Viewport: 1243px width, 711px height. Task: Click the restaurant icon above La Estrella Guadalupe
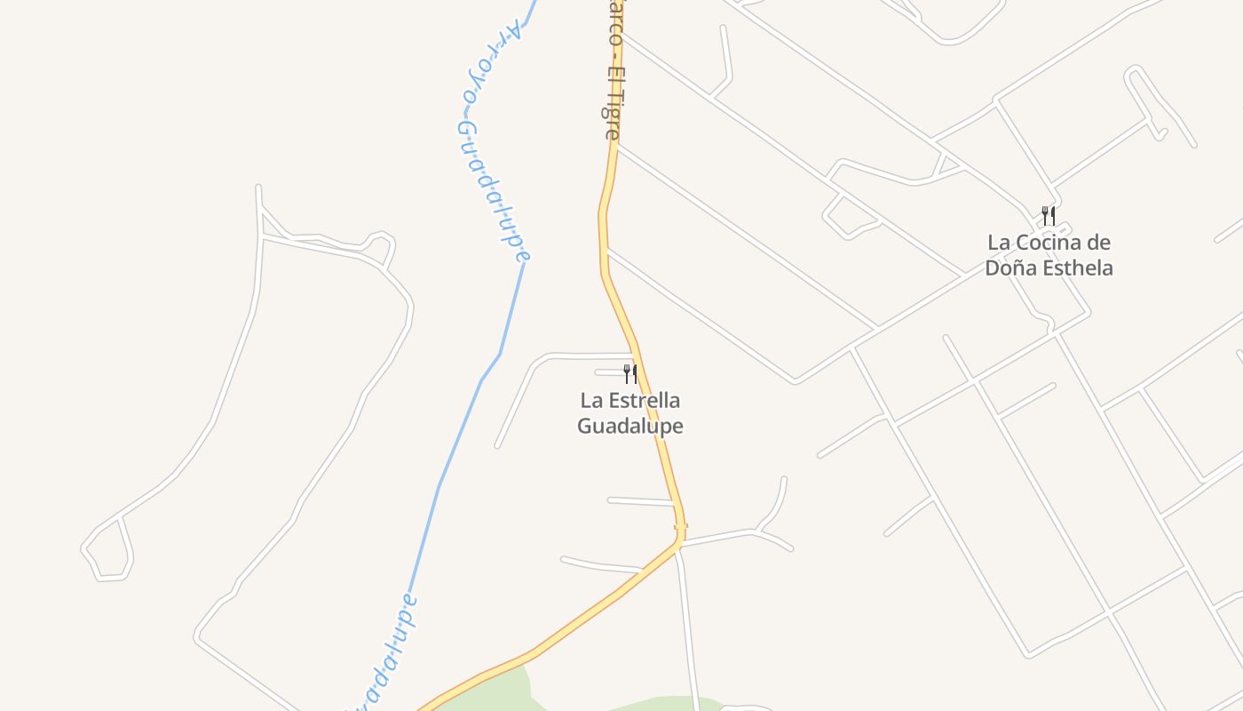pyautogui.click(x=629, y=373)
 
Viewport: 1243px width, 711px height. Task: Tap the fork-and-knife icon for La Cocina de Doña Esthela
pyautogui.click(x=1049, y=215)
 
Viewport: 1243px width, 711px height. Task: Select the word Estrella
pyautogui.click(x=643, y=401)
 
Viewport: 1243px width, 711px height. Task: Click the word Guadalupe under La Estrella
pyautogui.click(x=630, y=426)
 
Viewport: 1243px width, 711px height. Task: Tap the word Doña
pyautogui.click(x=1006, y=268)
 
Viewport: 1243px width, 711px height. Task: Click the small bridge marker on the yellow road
pyautogui.click(x=681, y=527)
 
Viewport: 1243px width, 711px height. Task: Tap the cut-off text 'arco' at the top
pyautogui.click(x=614, y=20)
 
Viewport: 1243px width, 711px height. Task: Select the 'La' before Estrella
pyautogui.click(x=591, y=401)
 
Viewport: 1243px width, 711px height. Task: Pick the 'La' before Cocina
pyautogui.click(x=999, y=243)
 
